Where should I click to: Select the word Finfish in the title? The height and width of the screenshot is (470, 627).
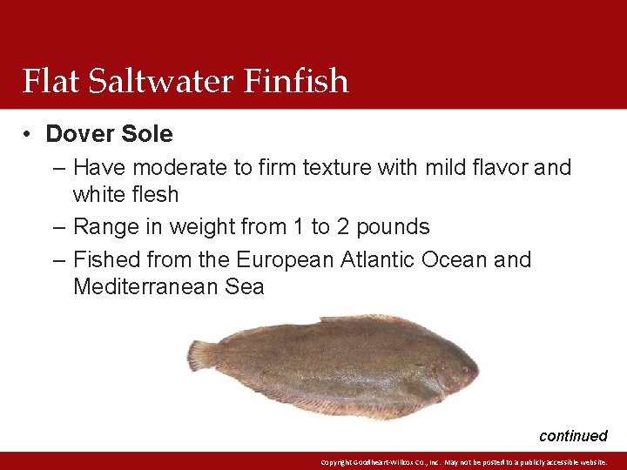[296, 81]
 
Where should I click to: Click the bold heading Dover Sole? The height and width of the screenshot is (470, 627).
[109, 134]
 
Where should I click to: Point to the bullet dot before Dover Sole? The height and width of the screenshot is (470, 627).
[29, 134]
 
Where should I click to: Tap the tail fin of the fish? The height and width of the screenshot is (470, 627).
[202, 354]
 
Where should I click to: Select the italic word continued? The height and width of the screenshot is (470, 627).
[573, 436]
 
